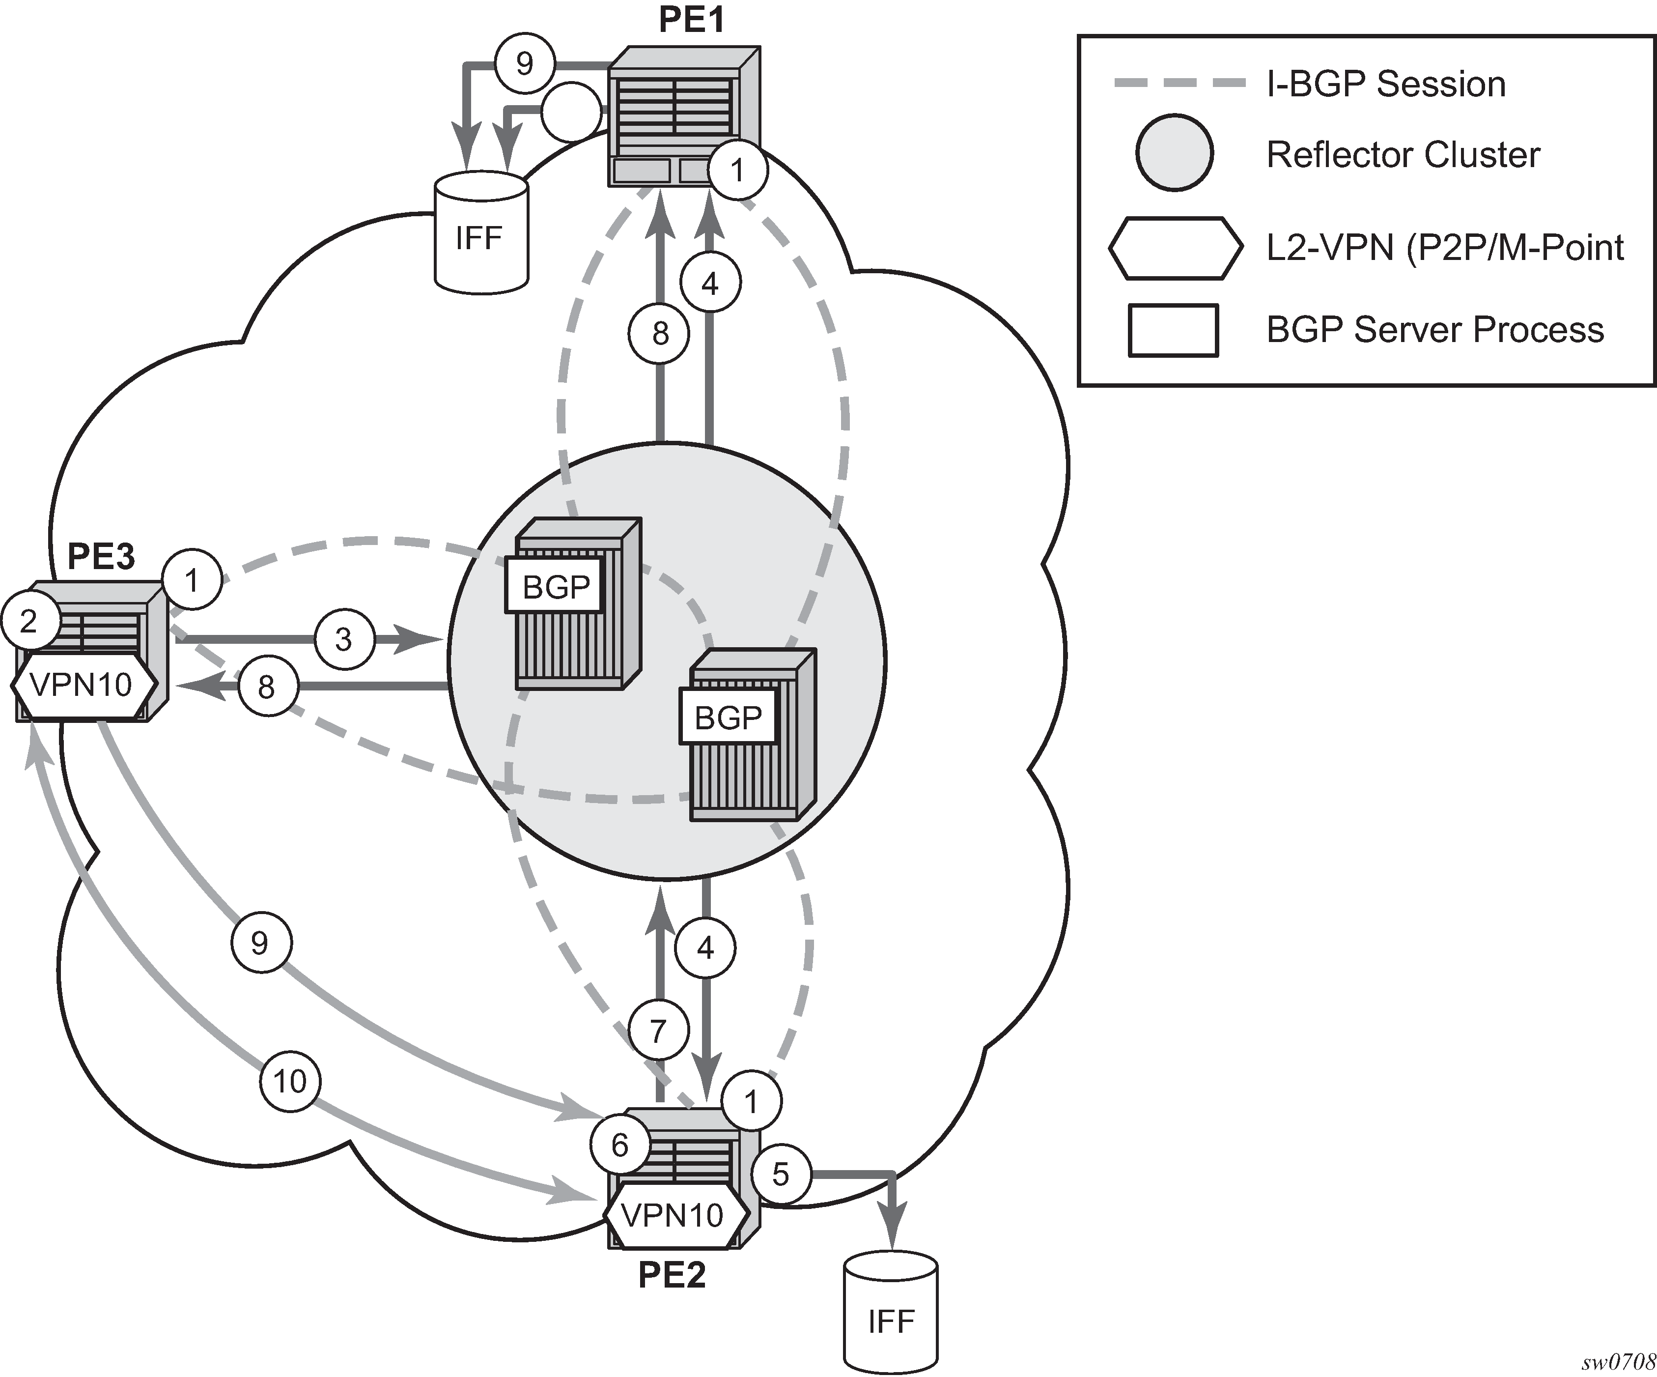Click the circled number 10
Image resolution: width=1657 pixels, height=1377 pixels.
(289, 1081)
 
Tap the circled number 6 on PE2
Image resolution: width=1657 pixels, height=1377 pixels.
(619, 1145)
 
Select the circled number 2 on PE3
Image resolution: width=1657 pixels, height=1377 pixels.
(29, 621)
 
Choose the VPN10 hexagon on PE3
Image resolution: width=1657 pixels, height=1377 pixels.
(82, 684)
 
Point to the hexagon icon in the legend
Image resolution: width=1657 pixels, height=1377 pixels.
(1175, 248)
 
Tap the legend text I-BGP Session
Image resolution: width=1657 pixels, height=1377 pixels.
(1385, 84)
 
